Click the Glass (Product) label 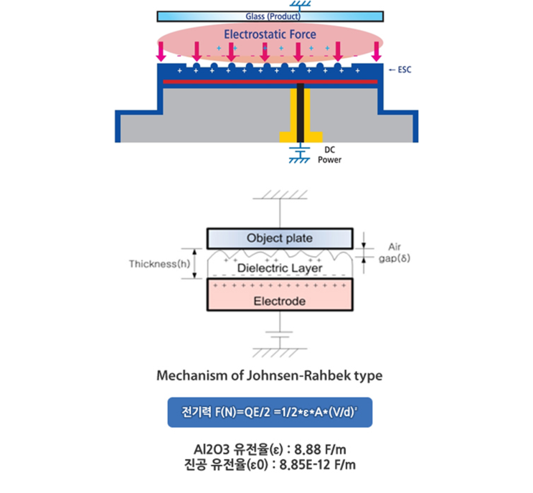(269, 16)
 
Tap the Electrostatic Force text (270, 34)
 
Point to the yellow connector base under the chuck (300, 136)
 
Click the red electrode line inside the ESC (269, 83)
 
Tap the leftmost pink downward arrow (161, 50)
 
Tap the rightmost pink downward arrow (377, 50)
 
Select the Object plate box (279, 238)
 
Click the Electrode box (279, 300)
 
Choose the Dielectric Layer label (279, 268)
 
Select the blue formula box (270, 413)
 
